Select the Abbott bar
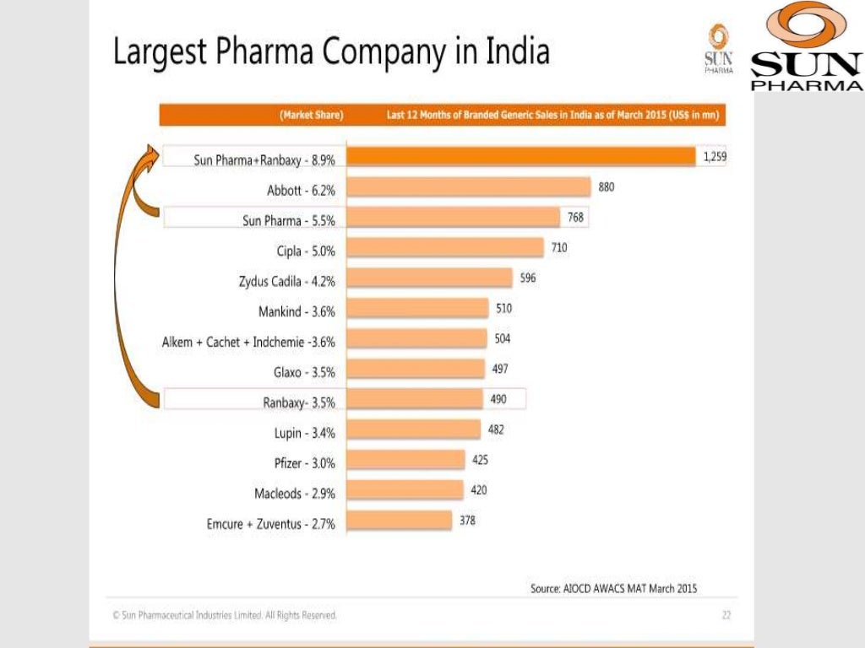point(469,187)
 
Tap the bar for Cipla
point(445,248)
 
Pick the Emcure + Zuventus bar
point(400,521)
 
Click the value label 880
point(607,187)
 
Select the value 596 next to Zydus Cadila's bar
point(528,278)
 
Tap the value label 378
point(467,521)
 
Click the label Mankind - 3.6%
point(296,311)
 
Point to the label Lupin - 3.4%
point(305,433)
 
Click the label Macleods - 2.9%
point(295,494)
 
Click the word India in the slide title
point(517,52)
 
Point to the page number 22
point(726,615)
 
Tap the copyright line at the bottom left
point(225,615)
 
